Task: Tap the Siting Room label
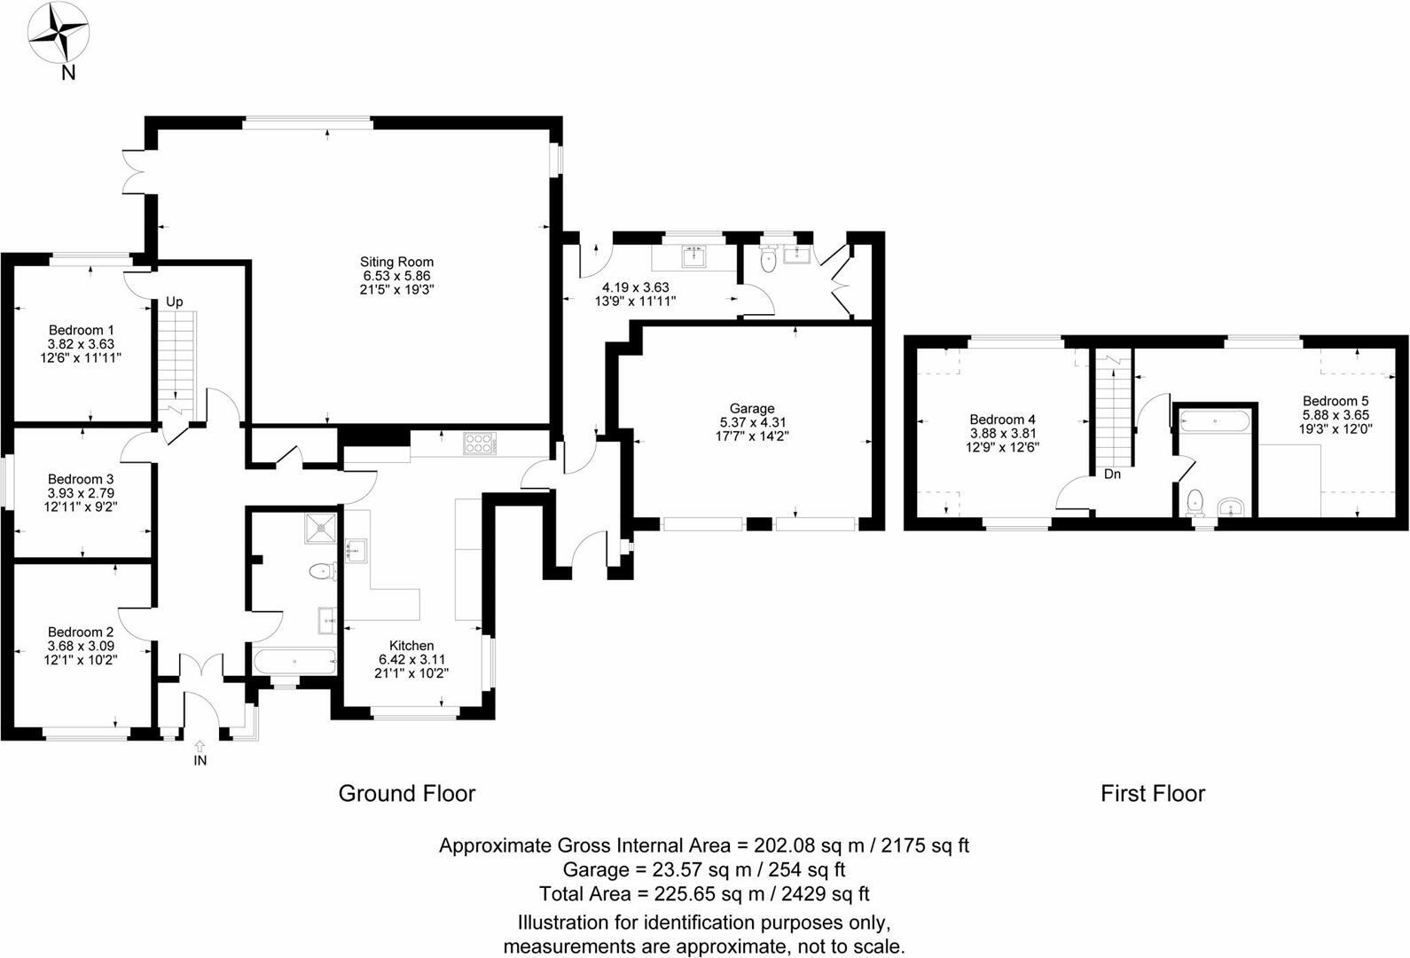pyautogui.click(x=396, y=262)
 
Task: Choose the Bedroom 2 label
pyautogui.click(x=81, y=632)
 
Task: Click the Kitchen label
pyautogui.click(x=411, y=646)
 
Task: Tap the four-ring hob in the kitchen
pyautogui.click(x=478, y=443)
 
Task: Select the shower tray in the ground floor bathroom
pyautogui.click(x=317, y=529)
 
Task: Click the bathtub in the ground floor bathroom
pyautogui.click(x=294, y=661)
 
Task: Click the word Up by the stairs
pyautogui.click(x=175, y=302)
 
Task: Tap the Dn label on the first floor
pyautogui.click(x=1112, y=475)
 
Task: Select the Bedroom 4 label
pyautogui.click(x=1002, y=420)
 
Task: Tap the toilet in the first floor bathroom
pyautogui.click(x=1194, y=502)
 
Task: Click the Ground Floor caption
pyautogui.click(x=407, y=793)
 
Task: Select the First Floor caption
pyautogui.click(x=1152, y=793)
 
